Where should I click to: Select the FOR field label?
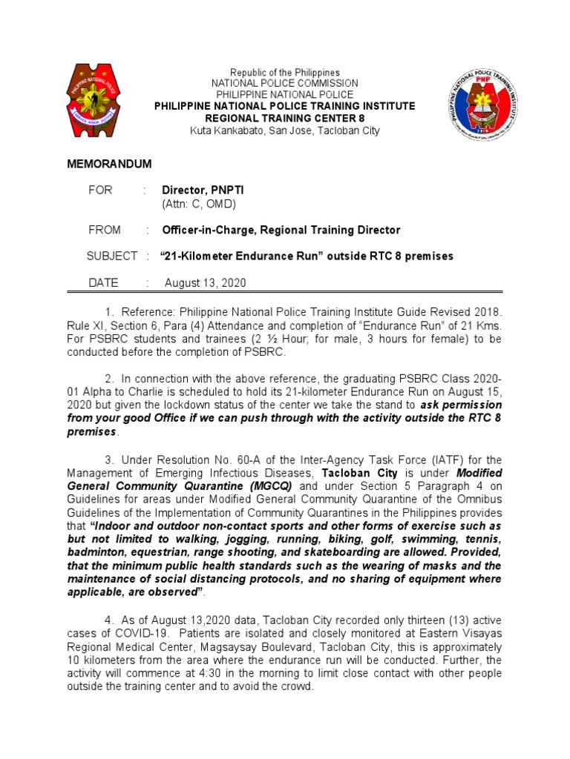coord(100,190)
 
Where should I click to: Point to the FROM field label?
coord(105,230)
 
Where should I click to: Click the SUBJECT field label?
coord(111,256)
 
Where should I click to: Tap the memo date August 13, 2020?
coord(206,282)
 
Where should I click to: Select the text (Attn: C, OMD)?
coord(199,204)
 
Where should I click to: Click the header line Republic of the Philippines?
coord(284,73)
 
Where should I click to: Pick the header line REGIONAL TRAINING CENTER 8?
coord(284,119)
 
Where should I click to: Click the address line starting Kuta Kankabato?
coord(284,130)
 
